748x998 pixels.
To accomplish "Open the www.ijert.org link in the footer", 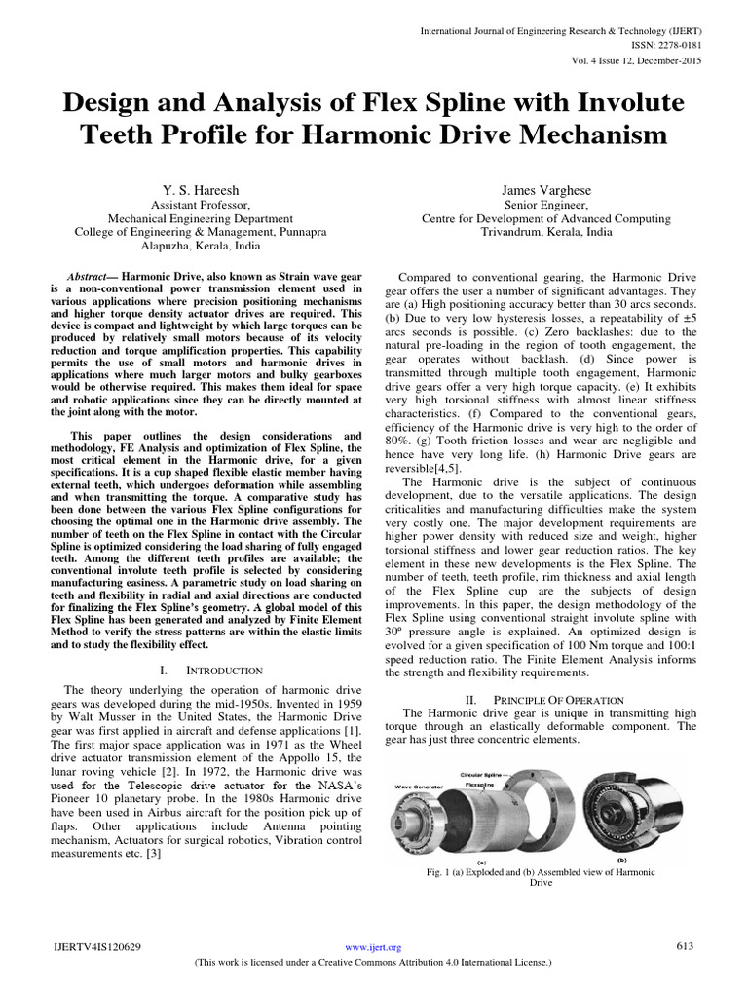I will click(374, 947).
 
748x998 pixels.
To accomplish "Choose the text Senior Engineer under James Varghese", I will click(545, 206).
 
